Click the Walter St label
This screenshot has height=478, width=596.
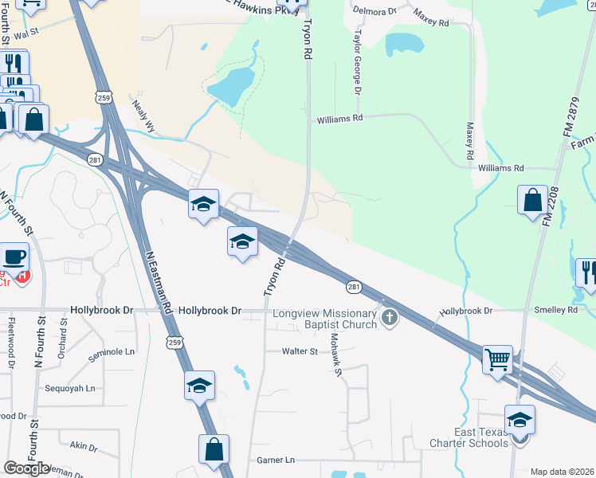300,351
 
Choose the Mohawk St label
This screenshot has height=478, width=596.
336,356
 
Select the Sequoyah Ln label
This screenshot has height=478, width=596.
70,389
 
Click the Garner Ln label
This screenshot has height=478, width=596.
276,460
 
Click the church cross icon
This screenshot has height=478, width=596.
389,318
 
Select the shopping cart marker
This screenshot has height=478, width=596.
498,359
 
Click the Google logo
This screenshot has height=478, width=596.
25,468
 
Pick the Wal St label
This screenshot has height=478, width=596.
26,34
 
